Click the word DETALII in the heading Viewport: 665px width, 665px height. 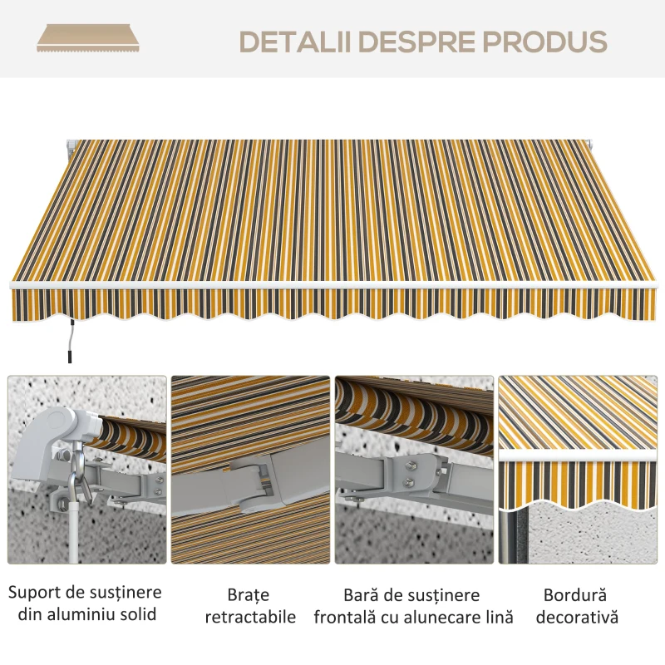point(295,42)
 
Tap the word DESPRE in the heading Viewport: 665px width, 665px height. point(417,42)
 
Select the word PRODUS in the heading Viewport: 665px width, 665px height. point(545,42)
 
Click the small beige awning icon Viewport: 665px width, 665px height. point(88,38)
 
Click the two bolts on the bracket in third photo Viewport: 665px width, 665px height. point(410,474)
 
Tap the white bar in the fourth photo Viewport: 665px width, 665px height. point(578,456)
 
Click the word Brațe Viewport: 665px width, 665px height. point(248,595)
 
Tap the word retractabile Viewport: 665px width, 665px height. point(250,617)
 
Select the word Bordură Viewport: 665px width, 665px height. point(575,595)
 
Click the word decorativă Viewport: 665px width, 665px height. point(577,617)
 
